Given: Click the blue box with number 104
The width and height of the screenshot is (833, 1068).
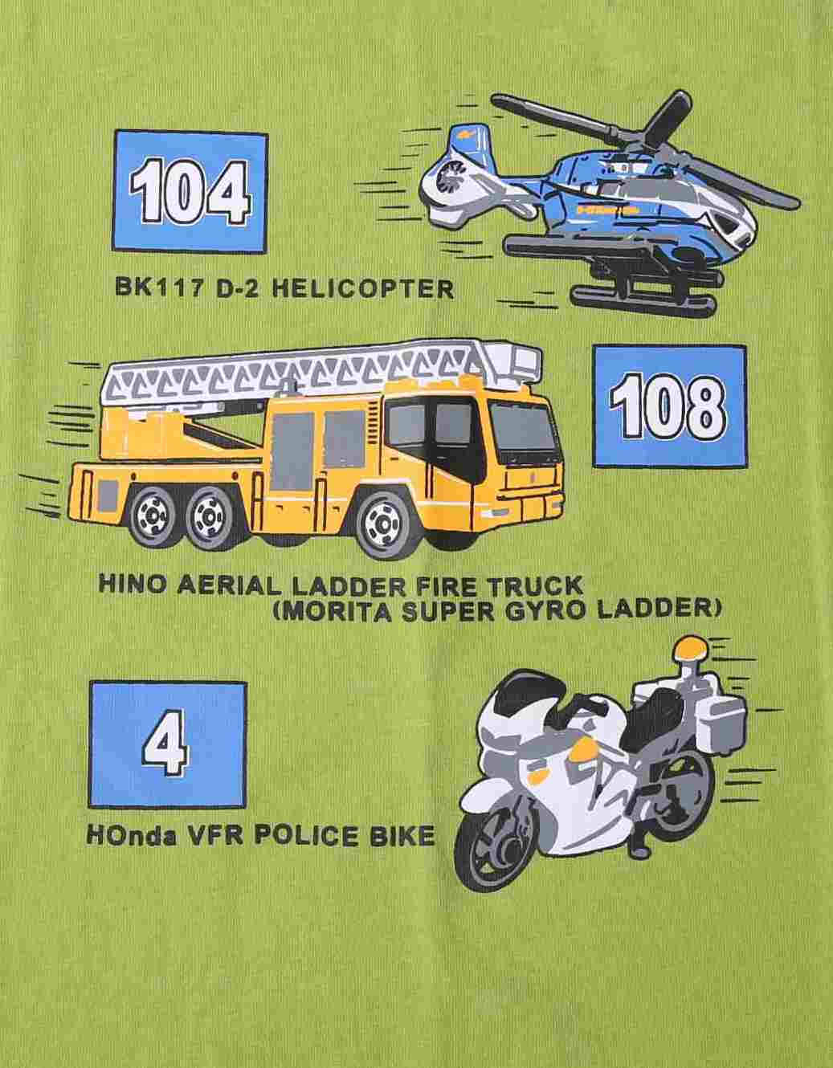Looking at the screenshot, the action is pos(190,192).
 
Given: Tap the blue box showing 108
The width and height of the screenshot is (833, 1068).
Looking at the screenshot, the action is pos(669,406).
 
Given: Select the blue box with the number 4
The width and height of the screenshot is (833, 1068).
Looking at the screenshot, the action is pos(168,744).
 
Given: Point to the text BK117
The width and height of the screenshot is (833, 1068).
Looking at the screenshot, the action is pos(158,287).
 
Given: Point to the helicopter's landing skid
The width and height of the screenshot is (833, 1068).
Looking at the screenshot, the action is pos(641,301).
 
